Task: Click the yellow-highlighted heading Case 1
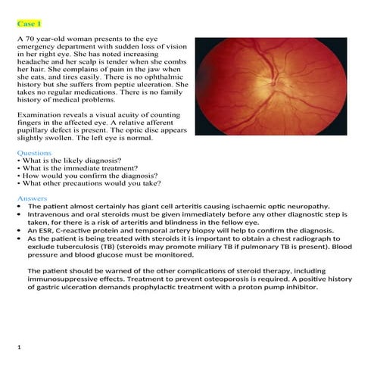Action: pyautogui.click(x=29, y=24)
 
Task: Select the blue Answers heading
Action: pyautogui.click(x=32, y=198)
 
